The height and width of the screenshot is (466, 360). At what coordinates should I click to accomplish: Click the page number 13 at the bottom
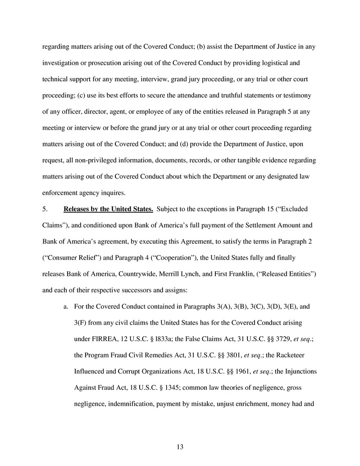(180, 447)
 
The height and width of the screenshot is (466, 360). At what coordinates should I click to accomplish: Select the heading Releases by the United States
(108, 209)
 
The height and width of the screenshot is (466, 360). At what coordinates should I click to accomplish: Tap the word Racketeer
(292, 356)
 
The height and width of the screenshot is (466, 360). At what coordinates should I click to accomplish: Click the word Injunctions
(300, 372)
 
